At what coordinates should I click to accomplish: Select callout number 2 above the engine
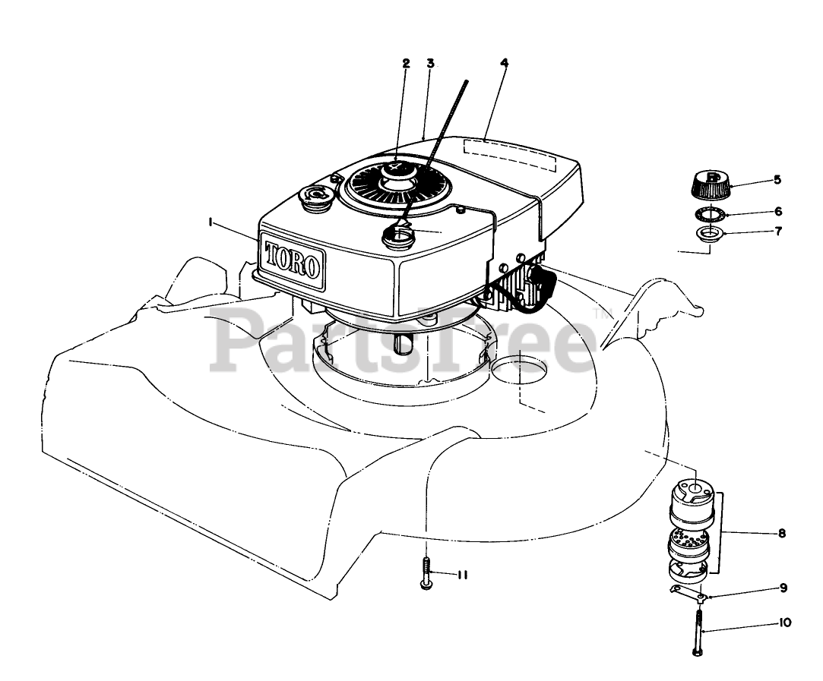[x=406, y=64]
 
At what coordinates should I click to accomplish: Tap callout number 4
[x=504, y=63]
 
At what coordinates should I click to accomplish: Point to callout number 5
[x=777, y=180]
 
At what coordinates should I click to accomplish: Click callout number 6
[x=777, y=211]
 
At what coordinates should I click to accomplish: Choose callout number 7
[x=777, y=231]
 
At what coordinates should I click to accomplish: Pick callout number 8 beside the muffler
[x=781, y=534]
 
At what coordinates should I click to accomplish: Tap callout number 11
[x=461, y=575]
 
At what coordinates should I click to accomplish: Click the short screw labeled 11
[x=426, y=574]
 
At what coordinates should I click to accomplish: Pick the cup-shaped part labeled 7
[x=710, y=232]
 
